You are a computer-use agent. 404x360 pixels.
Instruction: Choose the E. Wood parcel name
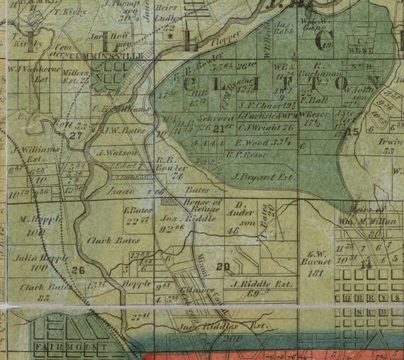point(248,142)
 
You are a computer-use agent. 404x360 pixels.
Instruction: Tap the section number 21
point(219,128)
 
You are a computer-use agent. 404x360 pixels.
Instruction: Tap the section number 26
point(78,269)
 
